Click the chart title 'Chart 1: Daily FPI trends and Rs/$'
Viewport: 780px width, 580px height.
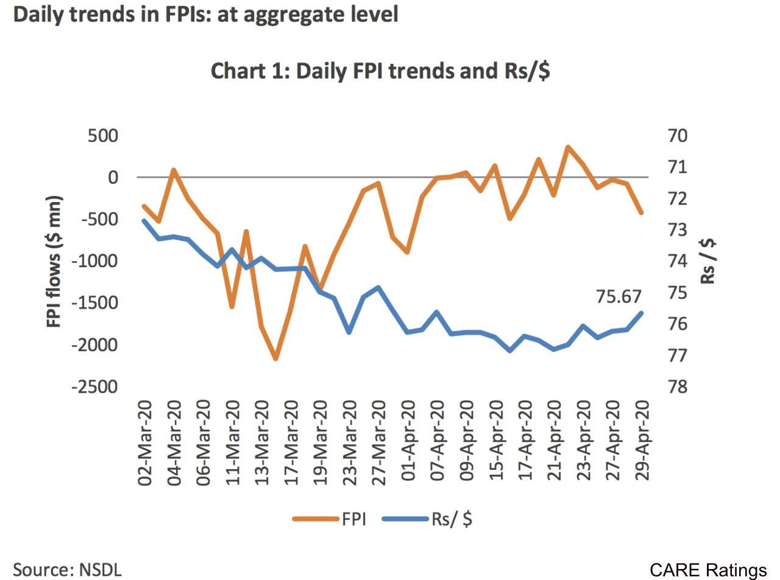(380, 71)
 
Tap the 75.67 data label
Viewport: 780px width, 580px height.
(619, 296)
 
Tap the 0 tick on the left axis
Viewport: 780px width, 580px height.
(113, 177)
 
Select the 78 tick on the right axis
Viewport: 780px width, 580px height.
(678, 387)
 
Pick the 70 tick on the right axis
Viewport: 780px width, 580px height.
(678, 135)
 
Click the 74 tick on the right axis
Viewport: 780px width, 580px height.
(678, 261)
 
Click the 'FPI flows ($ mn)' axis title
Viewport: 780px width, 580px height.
(55, 261)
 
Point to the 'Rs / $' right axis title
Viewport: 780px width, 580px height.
(708, 261)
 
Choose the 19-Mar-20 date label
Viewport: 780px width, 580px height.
(321, 442)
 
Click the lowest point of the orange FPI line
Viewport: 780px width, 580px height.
(275, 358)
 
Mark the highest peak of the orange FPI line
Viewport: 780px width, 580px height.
(567, 147)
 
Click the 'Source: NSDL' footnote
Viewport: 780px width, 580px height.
(68, 570)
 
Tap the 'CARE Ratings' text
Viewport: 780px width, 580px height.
(707, 570)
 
